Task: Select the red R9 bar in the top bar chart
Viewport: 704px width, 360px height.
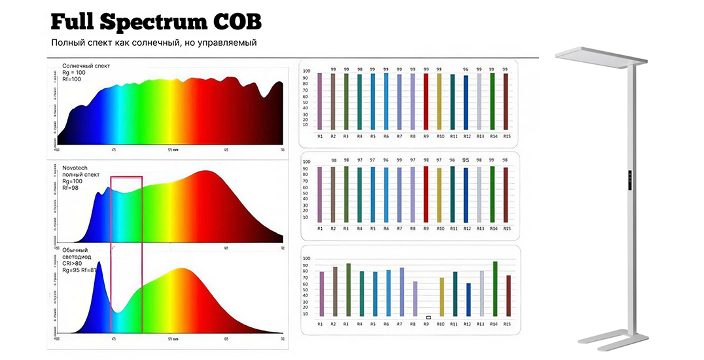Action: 426,101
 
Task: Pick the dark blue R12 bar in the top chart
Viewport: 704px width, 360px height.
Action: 466,103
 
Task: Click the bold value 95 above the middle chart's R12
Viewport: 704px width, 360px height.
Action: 466,160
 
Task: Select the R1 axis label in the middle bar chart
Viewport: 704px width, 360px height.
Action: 320,228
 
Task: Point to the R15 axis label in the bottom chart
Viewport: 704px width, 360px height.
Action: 508,324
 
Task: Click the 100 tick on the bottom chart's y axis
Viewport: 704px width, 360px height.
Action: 306,258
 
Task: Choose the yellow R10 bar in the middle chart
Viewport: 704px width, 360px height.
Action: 439,195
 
